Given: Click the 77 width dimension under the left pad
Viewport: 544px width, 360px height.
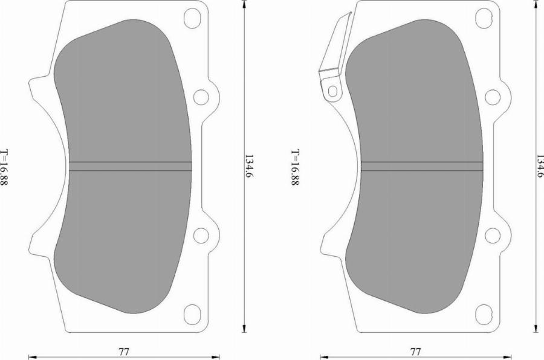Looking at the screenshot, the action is click(x=124, y=352).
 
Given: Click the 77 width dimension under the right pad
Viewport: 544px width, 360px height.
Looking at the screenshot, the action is click(x=415, y=352).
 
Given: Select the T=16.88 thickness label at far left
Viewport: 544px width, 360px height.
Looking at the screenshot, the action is click(x=4, y=167).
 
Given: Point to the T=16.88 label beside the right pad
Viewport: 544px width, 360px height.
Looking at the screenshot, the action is click(x=295, y=167).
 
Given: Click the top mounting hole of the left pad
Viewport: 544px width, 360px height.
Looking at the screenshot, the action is click(x=192, y=18).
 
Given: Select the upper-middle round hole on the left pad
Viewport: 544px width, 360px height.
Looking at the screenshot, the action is click(x=201, y=97).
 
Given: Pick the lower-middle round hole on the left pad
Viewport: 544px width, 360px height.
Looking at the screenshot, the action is click(x=201, y=236).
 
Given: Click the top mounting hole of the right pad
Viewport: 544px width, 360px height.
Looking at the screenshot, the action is click(x=484, y=18).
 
